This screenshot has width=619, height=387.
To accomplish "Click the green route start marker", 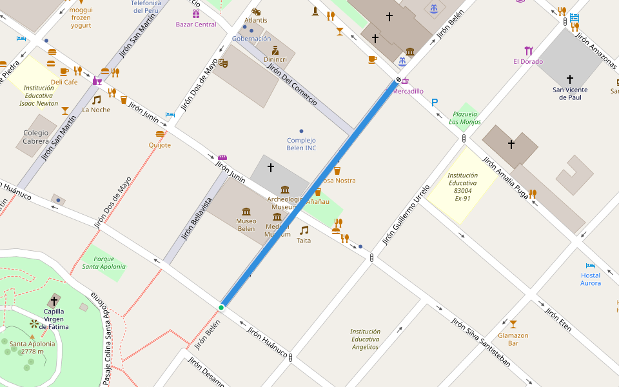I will (221, 307).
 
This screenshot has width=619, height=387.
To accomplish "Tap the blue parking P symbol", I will (435, 103).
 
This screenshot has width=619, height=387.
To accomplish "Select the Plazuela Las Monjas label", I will (465, 117).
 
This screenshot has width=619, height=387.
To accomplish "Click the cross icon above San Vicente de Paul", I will (569, 79).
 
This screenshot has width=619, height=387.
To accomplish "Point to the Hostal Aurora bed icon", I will (590, 265).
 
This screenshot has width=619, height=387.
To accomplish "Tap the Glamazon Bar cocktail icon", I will (513, 324).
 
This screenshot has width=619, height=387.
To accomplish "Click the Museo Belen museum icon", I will (246, 212).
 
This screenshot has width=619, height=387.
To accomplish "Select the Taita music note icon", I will (304, 230).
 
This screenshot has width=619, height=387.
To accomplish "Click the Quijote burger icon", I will (160, 134).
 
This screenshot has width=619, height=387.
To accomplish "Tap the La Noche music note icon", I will (96, 100).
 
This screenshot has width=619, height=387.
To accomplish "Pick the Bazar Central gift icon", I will (196, 14).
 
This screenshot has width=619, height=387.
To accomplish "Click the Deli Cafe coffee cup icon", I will (64, 72).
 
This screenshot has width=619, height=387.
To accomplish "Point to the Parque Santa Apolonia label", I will (104, 263).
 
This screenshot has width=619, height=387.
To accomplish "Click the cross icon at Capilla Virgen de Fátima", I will (54, 301).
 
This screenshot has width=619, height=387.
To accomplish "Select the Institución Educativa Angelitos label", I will (366, 339).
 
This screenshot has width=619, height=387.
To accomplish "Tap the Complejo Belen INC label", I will (302, 144).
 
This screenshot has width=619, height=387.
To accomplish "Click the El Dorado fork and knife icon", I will (529, 51).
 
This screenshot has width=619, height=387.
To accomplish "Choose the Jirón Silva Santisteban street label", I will (481, 342).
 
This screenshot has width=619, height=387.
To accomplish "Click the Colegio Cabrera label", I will (36, 137).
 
